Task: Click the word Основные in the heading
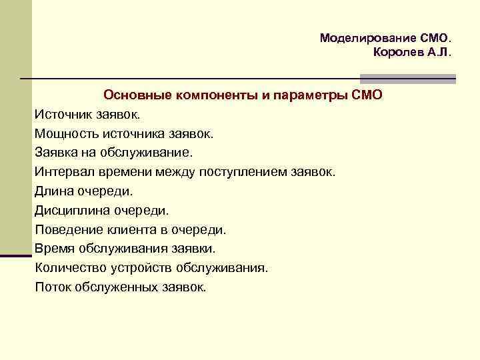(x=137, y=95)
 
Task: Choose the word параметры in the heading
(x=311, y=95)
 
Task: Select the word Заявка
(x=57, y=153)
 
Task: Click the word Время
(x=54, y=249)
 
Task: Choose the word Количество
(x=70, y=269)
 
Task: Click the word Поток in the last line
(x=52, y=288)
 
